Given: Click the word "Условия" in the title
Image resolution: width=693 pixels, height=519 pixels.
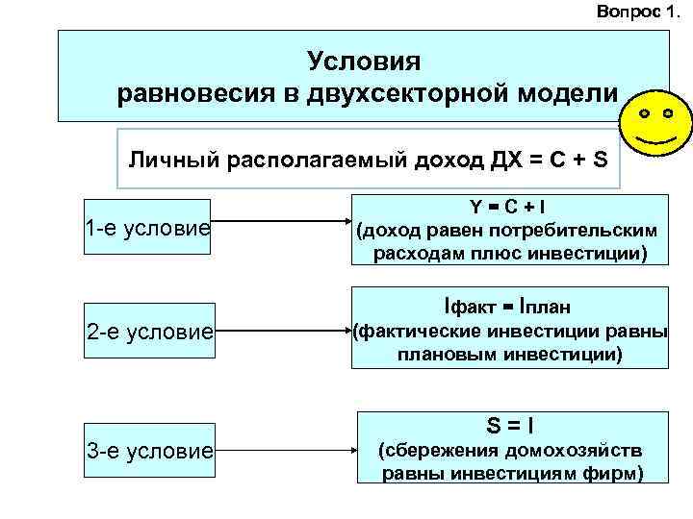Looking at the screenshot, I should (x=365, y=62).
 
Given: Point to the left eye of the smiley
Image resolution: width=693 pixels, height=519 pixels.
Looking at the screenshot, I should (x=644, y=114).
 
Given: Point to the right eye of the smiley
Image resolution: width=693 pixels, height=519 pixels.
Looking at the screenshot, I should (x=667, y=114).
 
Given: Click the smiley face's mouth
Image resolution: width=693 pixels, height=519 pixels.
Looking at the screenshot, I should (x=655, y=140).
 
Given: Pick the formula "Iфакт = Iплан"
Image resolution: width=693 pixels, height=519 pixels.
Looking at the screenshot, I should (x=507, y=308).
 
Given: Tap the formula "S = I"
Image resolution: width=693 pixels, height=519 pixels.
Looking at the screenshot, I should (x=510, y=423).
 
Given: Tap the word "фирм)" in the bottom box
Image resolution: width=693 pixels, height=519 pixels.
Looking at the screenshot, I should (x=616, y=473).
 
